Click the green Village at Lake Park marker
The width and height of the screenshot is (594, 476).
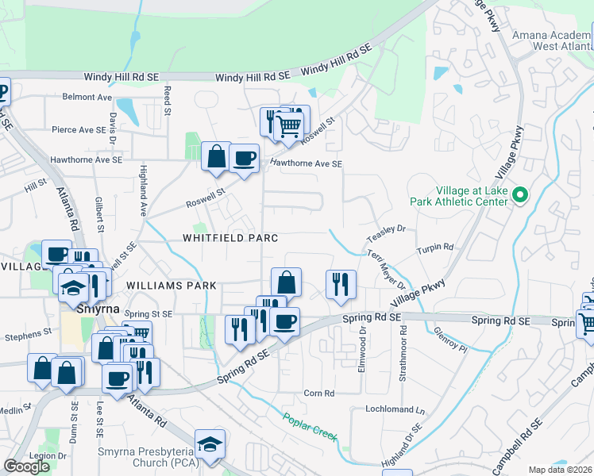520,194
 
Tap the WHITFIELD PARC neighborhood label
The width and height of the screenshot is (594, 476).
230,238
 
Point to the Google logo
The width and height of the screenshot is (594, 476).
26,466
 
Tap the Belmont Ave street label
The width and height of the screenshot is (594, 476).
87,98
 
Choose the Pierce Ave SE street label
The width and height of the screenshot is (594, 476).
79,129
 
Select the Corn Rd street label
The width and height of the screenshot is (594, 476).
319,393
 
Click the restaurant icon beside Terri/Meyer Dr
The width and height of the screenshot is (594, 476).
341,284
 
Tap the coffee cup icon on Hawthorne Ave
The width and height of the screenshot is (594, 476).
245,158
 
